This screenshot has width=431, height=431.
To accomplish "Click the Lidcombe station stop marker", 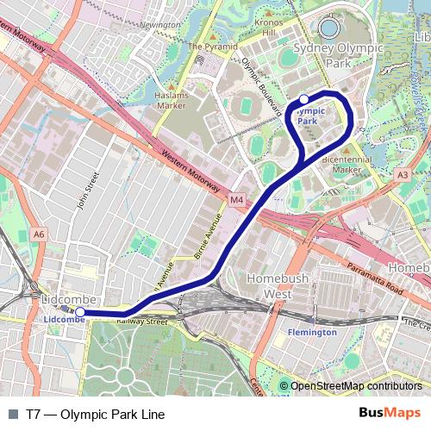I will (x=79, y=312).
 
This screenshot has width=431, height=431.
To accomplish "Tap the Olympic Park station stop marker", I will (x=304, y=99).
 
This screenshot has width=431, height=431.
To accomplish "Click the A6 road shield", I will (x=38, y=234).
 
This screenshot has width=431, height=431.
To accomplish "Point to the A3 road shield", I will (x=403, y=175).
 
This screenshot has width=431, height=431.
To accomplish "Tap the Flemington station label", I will (x=313, y=332).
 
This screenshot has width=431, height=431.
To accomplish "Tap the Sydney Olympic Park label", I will (x=337, y=55).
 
